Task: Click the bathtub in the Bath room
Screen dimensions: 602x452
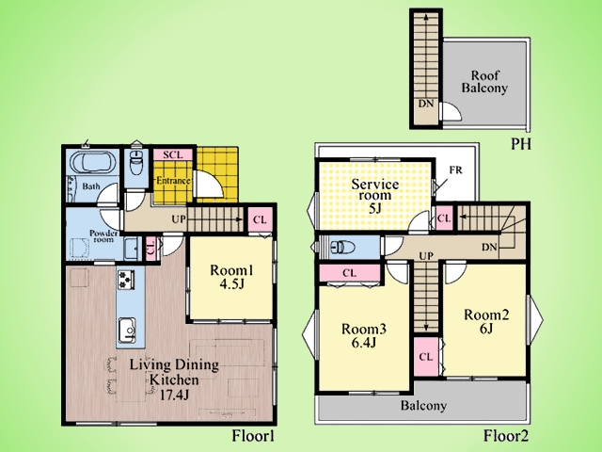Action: point(94,163)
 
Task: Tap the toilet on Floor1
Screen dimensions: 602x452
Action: point(136,162)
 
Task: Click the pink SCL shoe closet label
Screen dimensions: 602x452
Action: point(172,154)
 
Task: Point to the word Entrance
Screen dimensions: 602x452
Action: point(173,180)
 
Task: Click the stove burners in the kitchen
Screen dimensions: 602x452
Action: point(126,280)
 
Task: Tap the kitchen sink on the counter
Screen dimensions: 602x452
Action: point(126,331)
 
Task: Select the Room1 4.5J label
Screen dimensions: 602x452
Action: point(231,276)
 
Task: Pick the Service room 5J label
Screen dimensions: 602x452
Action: point(375,196)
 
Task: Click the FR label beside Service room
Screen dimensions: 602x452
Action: point(455,169)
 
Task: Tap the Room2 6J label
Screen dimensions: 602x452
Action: point(486,321)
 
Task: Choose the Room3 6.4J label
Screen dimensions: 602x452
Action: point(364,335)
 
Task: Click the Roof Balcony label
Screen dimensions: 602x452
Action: point(484,82)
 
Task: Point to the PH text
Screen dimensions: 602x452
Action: point(521,144)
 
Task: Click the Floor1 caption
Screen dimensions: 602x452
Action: point(253,436)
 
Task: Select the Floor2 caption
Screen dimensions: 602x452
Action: point(506,436)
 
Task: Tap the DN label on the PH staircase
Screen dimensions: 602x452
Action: point(426,104)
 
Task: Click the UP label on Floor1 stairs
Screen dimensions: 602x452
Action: point(179,219)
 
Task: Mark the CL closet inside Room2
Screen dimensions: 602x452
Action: point(426,357)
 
